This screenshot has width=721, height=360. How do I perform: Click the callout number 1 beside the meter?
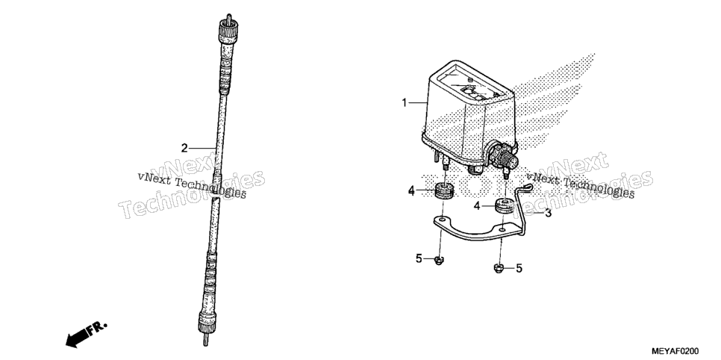click(405, 102)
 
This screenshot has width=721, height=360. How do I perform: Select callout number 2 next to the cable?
click(184, 148)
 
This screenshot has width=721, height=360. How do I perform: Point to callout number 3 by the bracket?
click(548, 213)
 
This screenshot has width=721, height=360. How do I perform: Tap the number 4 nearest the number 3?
click(477, 206)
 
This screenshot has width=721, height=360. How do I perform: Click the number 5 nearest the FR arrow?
click(419, 258)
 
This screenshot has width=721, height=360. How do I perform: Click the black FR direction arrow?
click(86, 334)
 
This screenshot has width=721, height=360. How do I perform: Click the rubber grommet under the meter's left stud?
click(444, 190)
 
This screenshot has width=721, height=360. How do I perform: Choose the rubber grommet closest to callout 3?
click(505, 207)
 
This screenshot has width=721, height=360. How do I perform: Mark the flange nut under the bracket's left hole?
click(439, 261)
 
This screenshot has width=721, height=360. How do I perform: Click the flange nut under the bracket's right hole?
click(498, 267)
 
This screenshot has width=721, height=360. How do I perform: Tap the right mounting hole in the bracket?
click(503, 228)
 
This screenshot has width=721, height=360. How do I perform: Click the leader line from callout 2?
click(202, 148)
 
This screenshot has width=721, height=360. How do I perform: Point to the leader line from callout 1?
click(419, 102)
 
